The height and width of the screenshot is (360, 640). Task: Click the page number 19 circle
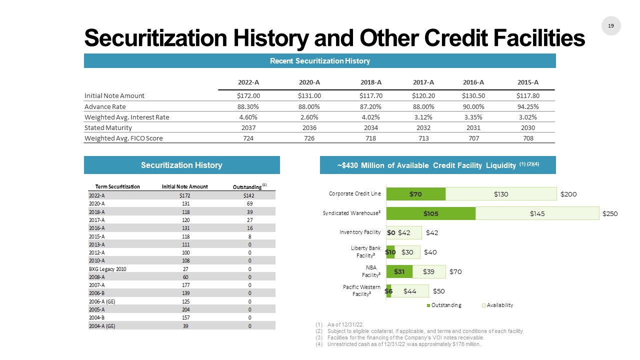[610, 25]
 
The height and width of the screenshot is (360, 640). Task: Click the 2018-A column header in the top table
[370, 82]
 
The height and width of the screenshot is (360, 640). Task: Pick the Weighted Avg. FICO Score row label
[123, 138]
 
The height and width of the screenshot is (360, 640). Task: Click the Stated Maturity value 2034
[370, 127]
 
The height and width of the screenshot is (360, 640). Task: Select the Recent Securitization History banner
[320, 61]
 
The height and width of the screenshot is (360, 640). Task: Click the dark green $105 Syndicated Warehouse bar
[431, 213]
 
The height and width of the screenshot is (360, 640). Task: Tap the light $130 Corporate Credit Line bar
[501, 194]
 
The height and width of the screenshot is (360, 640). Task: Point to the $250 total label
[610, 213]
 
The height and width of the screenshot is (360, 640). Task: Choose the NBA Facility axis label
[370, 271]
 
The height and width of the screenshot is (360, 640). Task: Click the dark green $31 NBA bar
[399, 271]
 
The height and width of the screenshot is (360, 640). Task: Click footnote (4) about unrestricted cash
[403, 344]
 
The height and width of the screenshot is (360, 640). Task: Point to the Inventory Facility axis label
[360, 232]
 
